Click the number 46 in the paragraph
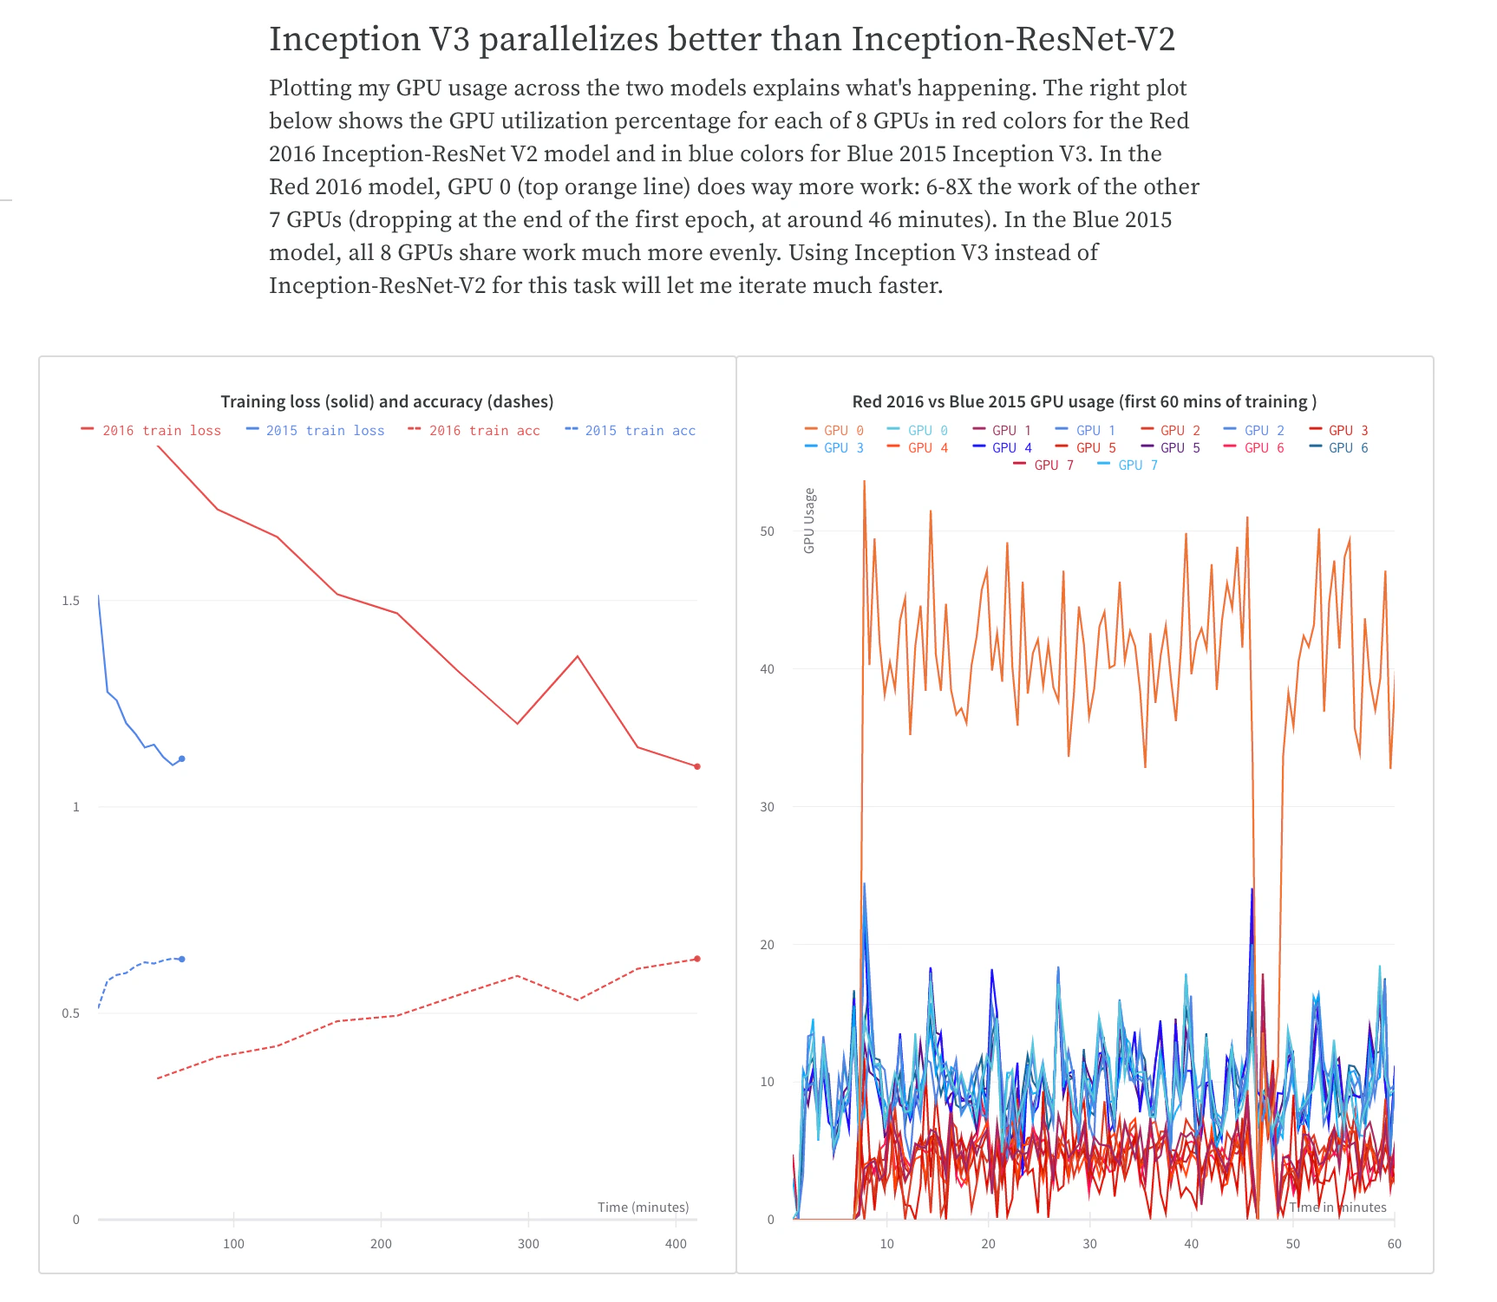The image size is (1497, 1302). (x=880, y=220)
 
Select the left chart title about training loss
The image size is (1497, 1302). (x=387, y=401)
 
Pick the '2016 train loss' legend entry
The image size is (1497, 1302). (x=152, y=431)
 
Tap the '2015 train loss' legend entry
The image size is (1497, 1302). (x=316, y=431)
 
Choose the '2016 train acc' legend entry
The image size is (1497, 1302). (x=474, y=431)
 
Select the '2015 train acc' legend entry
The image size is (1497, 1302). (x=631, y=431)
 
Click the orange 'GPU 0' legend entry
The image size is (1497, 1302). (x=834, y=431)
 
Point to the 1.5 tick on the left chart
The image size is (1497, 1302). (x=70, y=601)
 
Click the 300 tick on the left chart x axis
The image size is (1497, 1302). (x=528, y=1244)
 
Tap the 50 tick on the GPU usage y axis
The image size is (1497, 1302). (x=767, y=531)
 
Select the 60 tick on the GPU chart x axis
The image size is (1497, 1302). (x=1394, y=1244)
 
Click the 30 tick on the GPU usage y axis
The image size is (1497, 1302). (x=767, y=807)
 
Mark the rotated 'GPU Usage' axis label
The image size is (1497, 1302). (x=809, y=520)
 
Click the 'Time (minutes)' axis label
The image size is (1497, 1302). (x=643, y=1208)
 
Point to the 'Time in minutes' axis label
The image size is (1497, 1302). (x=1337, y=1208)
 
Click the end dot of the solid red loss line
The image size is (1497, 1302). (x=697, y=766)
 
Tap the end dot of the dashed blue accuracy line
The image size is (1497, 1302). (x=182, y=959)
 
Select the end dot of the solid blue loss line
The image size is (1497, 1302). (x=182, y=758)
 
